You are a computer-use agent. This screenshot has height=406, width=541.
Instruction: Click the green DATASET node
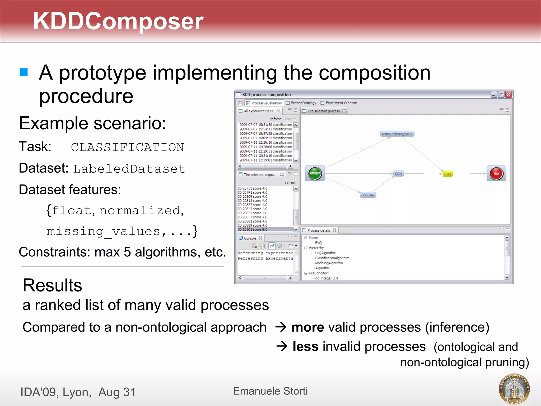click(x=315, y=173)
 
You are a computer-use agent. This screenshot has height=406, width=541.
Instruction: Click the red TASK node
click(x=496, y=173)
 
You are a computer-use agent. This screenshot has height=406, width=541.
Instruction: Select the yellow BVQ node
click(x=447, y=174)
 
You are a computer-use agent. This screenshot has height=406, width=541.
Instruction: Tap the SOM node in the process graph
click(x=398, y=174)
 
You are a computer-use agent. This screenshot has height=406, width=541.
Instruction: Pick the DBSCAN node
click(x=368, y=195)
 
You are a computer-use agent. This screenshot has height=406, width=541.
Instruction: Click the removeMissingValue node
click(x=397, y=134)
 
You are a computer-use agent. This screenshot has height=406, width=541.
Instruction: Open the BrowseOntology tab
click(x=303, y=103)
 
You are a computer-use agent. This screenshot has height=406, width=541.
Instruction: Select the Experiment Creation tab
click(x=341, y=103)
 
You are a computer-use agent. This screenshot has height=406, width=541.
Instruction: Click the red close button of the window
click(x=509, y=94)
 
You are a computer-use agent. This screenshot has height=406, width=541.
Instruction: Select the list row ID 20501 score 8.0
click(x=253, y=229)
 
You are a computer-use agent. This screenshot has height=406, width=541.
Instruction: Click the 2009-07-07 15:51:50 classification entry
click(x=265, y=124)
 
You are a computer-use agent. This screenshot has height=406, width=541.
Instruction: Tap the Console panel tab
click(x=250, y=238)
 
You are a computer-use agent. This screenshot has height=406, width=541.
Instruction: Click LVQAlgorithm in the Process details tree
click(x=325, y=253)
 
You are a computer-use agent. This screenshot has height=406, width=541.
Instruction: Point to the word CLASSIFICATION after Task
click(x=127, y=147)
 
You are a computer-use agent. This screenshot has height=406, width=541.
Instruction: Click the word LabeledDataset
click(x=129, y=169)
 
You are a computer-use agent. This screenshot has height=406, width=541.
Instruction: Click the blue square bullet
click(x=24, y=72)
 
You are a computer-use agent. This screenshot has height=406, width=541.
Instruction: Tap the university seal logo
click(x=514, y=389)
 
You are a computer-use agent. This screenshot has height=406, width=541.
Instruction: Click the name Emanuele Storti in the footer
click(x=270, y=391)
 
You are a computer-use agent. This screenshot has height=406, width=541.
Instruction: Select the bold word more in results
click(x=307, y=327)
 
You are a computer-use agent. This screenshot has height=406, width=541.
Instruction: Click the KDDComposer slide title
click(x=118, y=21)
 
